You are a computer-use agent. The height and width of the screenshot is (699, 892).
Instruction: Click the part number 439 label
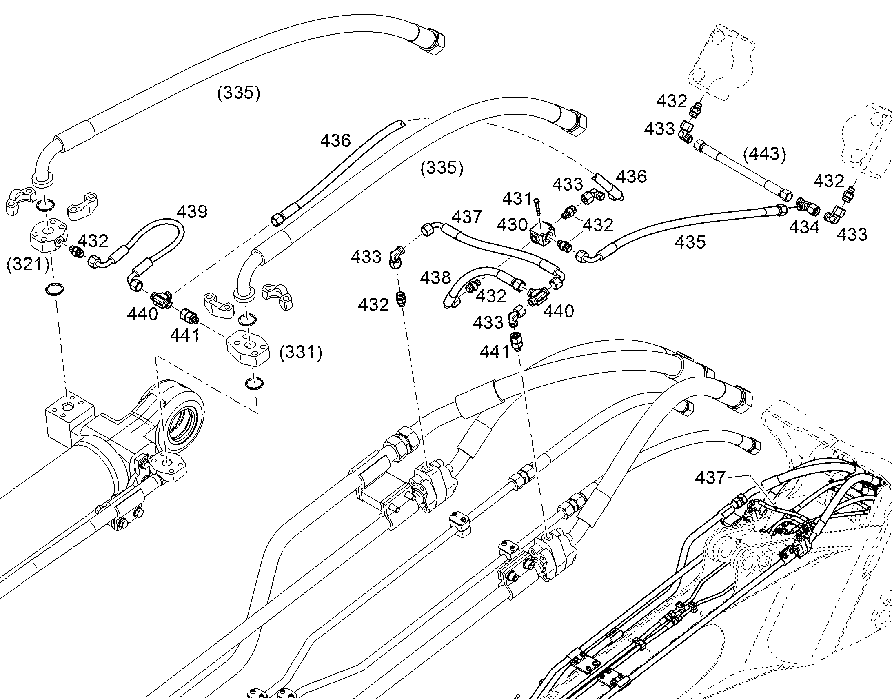tap(192, 212)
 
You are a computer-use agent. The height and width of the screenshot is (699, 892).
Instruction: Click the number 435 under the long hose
tap(690, 242)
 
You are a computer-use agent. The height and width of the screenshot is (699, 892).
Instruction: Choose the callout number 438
tap(435, 278)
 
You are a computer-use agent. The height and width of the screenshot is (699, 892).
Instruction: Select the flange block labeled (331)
tap(248, 347)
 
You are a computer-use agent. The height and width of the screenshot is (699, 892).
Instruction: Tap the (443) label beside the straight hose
tap(764, 154)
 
